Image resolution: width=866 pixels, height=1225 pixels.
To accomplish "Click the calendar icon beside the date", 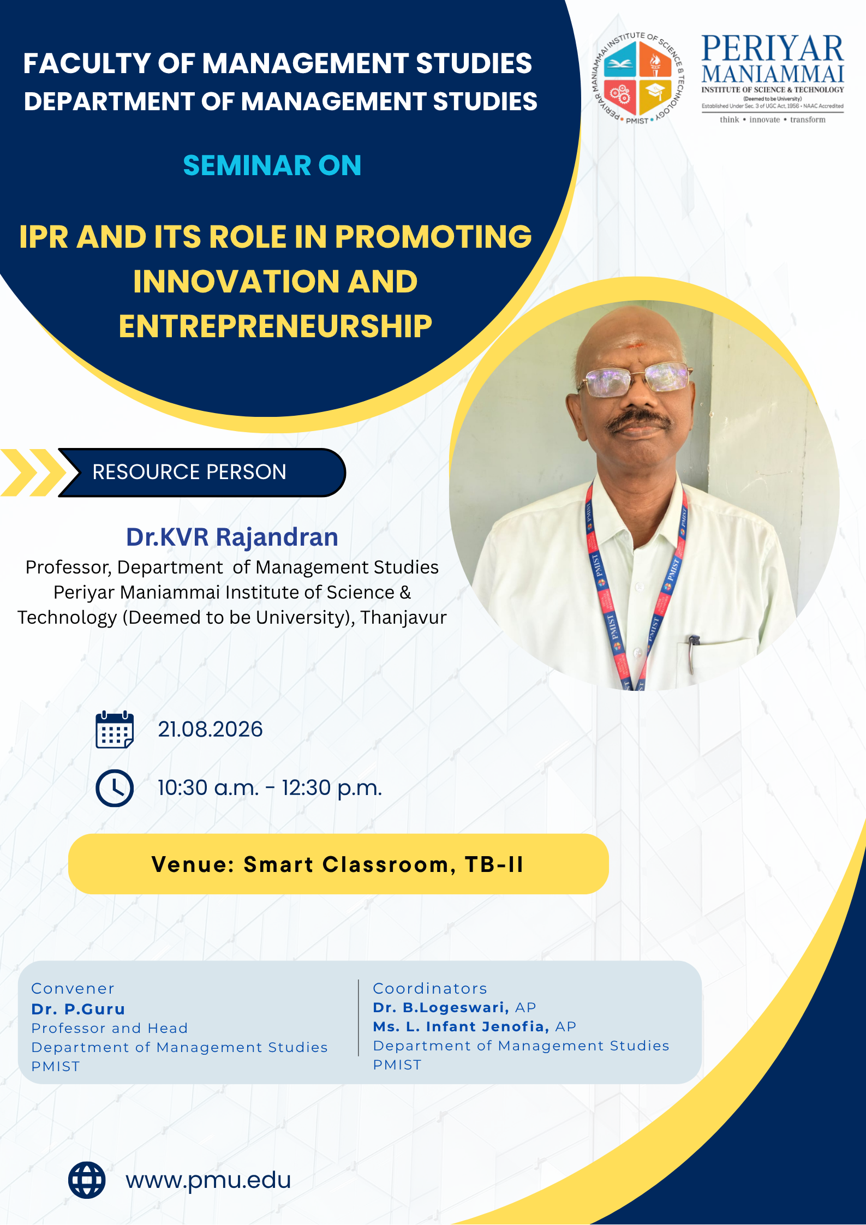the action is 115,730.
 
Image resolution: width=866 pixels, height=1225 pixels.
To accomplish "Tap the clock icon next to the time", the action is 115,788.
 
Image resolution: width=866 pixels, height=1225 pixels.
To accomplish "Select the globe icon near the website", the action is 87,1180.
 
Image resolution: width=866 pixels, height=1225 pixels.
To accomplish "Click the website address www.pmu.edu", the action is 208,1180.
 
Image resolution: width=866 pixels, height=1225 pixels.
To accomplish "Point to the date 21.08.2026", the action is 210,730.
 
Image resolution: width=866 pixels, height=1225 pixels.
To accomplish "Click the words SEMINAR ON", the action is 272,165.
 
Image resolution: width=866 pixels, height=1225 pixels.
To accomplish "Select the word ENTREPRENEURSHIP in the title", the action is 276,326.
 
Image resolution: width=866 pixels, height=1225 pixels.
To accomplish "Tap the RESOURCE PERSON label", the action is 189,472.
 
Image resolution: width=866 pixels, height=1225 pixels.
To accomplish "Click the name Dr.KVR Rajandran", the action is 232,537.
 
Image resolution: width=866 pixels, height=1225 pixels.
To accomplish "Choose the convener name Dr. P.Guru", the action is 78,1009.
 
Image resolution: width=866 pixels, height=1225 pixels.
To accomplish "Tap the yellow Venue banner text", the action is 338,864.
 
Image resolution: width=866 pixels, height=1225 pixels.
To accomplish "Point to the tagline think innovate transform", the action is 772,119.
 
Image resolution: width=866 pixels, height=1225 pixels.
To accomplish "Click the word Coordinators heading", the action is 430,988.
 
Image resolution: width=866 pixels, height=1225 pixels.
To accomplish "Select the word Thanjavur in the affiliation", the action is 403,617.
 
